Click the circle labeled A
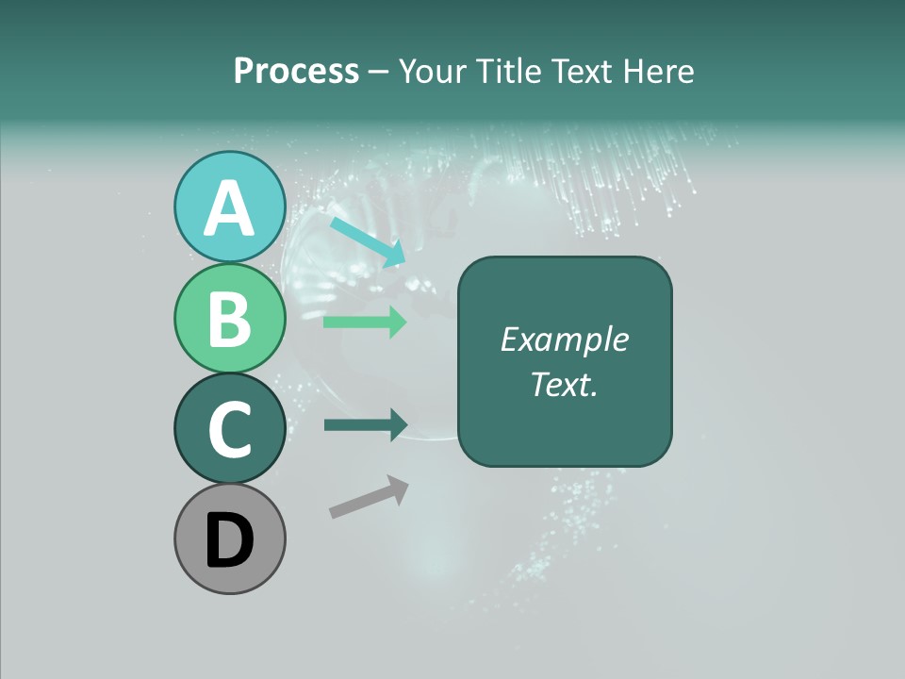coord(230,207)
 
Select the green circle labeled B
coord(230,318)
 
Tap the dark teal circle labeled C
coord(230,428)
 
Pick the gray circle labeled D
coord(230,538)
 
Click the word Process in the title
coord(296,72)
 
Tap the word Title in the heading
coord(509,72)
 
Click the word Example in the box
coord(564,339)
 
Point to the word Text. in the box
coord(564,384)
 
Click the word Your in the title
coord(435,72)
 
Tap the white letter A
coord(230,208)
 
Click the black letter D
coord(230,540)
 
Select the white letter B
coord(230,319)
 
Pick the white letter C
coord(230,429)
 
